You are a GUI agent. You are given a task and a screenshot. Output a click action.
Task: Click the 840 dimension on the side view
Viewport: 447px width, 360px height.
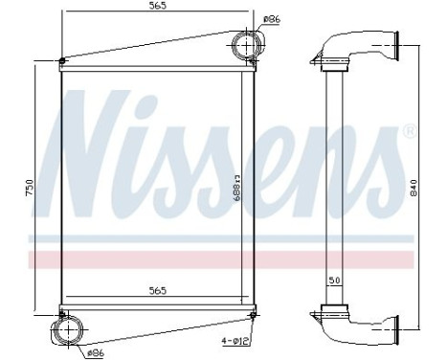(x=414, y=187)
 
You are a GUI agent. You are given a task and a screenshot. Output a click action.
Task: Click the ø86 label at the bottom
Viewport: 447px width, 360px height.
(x=96, y=352)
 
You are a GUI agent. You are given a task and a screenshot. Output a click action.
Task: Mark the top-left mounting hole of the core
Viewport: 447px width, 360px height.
(x=62, y=63)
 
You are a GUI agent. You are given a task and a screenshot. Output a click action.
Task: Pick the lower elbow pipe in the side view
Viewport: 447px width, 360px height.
(x=359, y=326)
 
